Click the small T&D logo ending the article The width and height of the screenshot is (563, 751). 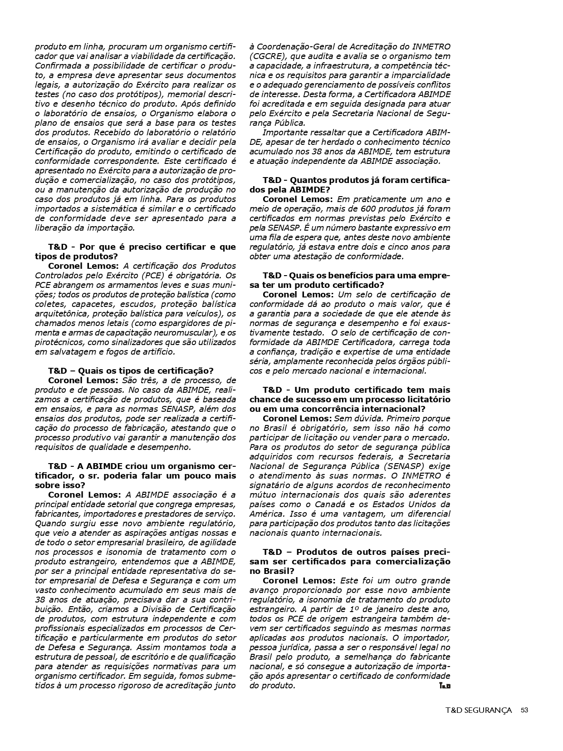[445, 686]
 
